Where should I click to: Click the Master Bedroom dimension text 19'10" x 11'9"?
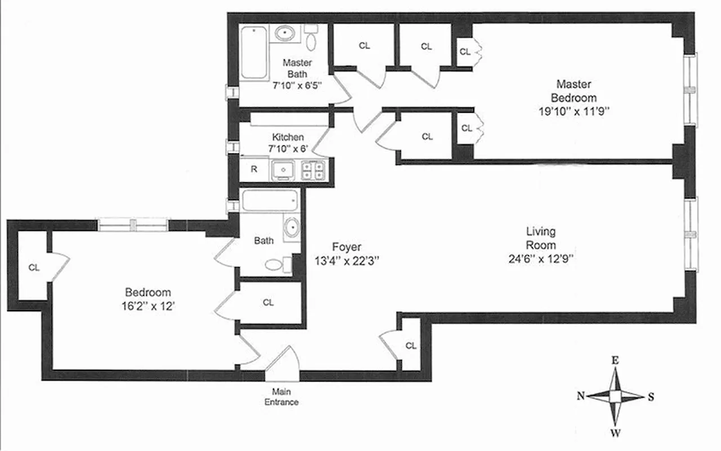tap(573, 111)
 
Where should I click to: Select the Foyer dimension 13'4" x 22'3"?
tap(346, 260)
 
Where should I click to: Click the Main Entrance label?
tap(281, 397)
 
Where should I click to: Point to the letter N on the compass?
tap(580, 396)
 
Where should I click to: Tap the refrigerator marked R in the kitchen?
tap(254, 169)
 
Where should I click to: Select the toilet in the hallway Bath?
tap(277, 264)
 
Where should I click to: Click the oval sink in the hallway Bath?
tap(292, 228)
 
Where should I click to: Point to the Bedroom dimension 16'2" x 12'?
tap(148, 306)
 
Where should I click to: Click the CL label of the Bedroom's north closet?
tap(34, 268)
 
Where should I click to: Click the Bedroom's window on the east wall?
tap(133, 225)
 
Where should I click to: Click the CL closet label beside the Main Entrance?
tap(411, 346)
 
